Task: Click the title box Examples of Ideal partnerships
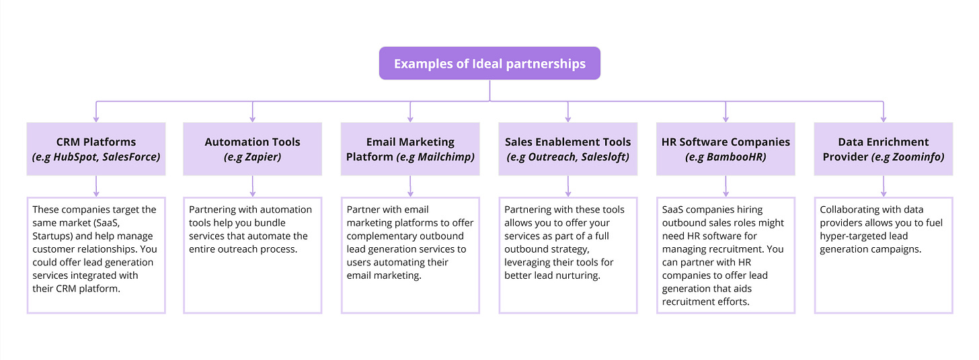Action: tap(490, 64)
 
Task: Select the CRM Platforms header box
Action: tap(96, 149)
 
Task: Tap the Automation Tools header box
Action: tap(252, 149)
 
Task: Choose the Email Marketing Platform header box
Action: tap(410, 149)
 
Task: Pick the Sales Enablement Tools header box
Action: tap(567, 149)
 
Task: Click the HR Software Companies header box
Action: tap(726, 149)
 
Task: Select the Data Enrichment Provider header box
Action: tap(883, 149)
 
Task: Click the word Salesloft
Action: tap(603, 157)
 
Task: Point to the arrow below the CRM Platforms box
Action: tap(96, 186)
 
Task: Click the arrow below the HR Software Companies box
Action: tap(726, 186)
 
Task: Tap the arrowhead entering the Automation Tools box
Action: tap(252, 118)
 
